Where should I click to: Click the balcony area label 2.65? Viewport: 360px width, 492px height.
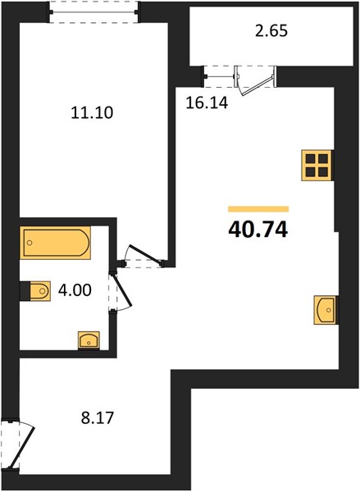tap(271, 31)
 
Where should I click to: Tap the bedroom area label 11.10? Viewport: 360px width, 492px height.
tap(92, 112)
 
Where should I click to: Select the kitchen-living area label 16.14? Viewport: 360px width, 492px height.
tap(207, 102)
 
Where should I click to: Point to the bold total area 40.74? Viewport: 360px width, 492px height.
tap(258, 230)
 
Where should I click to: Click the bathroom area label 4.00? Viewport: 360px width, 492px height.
tap(75, 290)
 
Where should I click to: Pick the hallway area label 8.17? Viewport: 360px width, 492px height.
tap(98, 418)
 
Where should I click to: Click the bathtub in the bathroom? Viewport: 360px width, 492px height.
tap(55, 243)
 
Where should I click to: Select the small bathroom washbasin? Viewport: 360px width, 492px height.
tap(89, 340)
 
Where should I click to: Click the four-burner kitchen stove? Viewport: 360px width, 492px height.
tap(317, 166)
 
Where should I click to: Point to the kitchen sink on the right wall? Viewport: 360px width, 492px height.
tap(326, 310)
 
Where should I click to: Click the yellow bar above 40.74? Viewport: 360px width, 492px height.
tap(258, 209)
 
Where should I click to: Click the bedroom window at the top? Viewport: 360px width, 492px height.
tap(93, 12)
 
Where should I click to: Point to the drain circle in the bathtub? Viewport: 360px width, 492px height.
tap(30, 243)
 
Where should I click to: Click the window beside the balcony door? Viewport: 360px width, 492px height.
tap(220, 76)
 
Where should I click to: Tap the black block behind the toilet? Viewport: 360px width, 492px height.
tap(25, 291)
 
